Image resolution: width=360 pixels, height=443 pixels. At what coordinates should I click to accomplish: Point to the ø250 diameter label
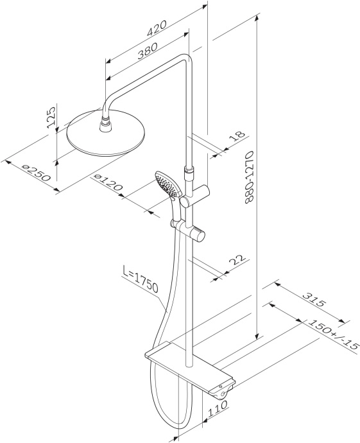click(x=36, y=172)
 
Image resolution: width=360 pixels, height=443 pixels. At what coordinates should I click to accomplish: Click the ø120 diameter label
click(x=108, y=184)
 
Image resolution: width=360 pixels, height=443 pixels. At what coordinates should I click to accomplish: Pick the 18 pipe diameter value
click(x=237, y=136)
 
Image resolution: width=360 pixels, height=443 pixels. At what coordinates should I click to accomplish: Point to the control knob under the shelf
click(x=222, y=388)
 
